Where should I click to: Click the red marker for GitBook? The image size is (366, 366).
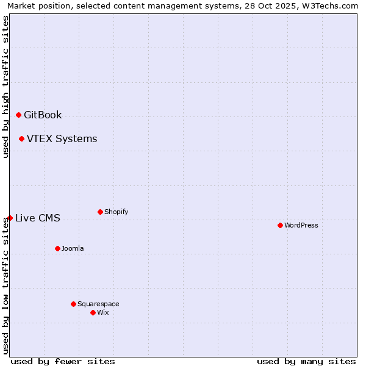(x=18, y=115)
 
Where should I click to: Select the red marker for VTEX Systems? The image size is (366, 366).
(x=21, y=138)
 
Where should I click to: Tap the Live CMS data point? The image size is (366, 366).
(x=10, y=218)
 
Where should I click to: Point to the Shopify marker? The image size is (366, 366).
(x=100, y=212)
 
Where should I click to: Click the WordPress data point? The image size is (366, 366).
(x=280, y=225)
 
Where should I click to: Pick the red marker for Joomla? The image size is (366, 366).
(x=57, y=248)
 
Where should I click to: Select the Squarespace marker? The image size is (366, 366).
(x=73, y=304)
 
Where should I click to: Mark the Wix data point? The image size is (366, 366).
(x=93, y=312)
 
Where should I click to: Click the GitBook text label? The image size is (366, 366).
(x=43, y=115)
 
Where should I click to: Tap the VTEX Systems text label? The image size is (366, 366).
(x=62, y=139)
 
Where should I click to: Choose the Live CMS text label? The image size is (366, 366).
(x=37, y=218)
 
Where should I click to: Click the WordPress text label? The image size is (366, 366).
(x=301, y=225)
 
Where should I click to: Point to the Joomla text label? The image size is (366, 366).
(x=73, y=248)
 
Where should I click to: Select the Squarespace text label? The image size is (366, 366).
(x=98, y=304)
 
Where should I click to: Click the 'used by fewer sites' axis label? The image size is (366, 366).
(x=63, y=361)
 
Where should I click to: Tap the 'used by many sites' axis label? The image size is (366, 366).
(x=306, y=361)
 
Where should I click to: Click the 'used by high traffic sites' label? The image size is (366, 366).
(x=5, y=87)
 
